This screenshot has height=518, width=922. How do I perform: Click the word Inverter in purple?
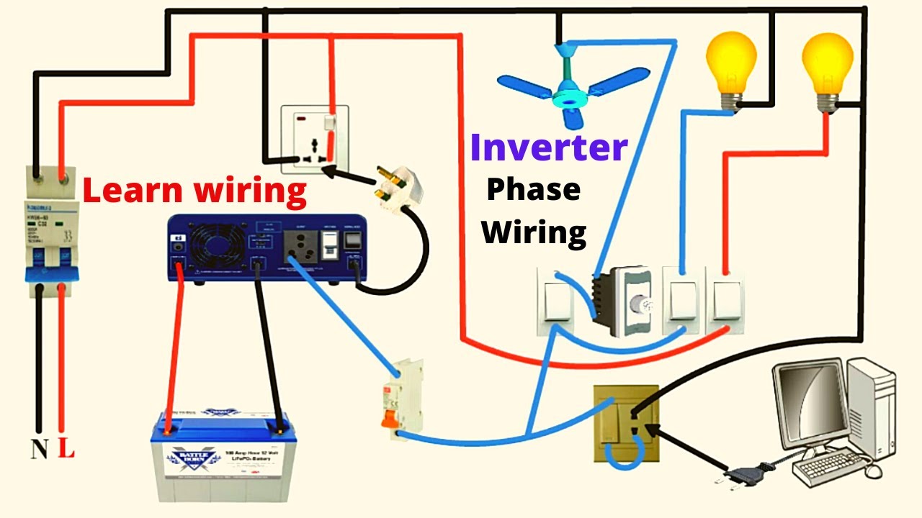click(548, 147)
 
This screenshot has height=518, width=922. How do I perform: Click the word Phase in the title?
click(533, 190)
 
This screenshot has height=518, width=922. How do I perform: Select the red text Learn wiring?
click(194, 191)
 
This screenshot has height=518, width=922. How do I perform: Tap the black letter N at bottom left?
click(39, 450)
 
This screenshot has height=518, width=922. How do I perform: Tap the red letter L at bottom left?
click(66, 450)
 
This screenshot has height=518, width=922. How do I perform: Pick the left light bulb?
click(731, 65)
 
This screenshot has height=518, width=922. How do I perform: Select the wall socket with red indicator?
click(314, 139)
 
